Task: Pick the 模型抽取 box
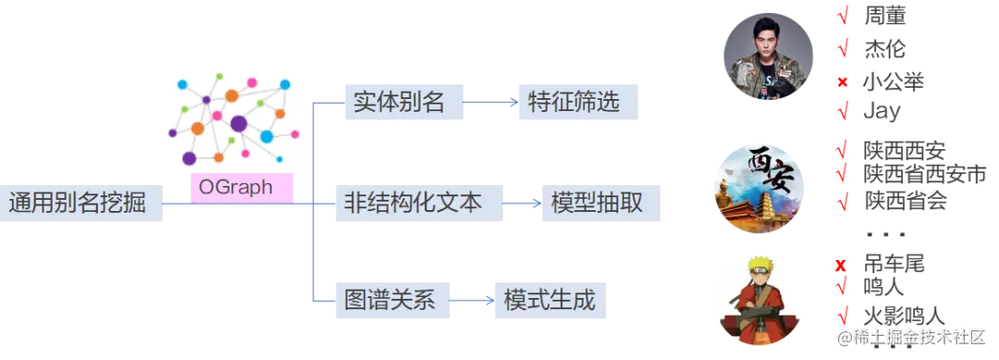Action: point(602,203)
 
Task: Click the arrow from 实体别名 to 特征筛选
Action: point(490,103)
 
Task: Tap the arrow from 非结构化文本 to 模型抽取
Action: point(522,203)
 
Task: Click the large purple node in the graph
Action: point(239,123)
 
